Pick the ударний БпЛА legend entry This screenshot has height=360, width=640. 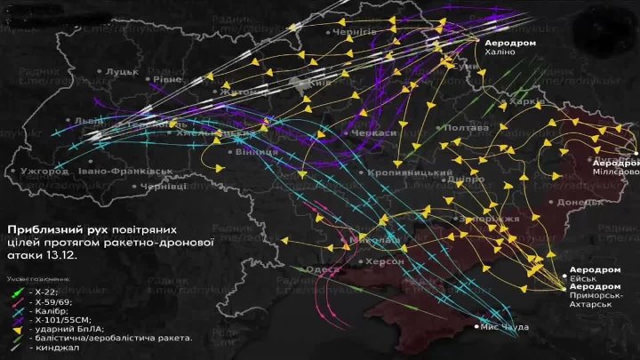pos(67,327)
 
